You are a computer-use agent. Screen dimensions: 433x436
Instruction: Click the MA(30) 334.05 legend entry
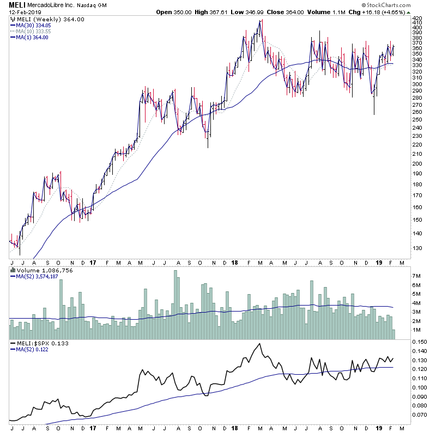coord(33,25)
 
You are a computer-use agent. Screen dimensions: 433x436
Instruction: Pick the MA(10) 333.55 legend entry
coord(33,31)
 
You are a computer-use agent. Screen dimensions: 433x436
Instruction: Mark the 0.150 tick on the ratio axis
coord(419,341)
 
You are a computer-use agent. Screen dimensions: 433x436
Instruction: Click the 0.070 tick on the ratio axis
coord(419,415)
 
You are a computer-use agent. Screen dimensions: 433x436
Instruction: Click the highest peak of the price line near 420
coord(261,20)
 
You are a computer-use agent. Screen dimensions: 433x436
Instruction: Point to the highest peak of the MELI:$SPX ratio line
coord(260,344)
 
